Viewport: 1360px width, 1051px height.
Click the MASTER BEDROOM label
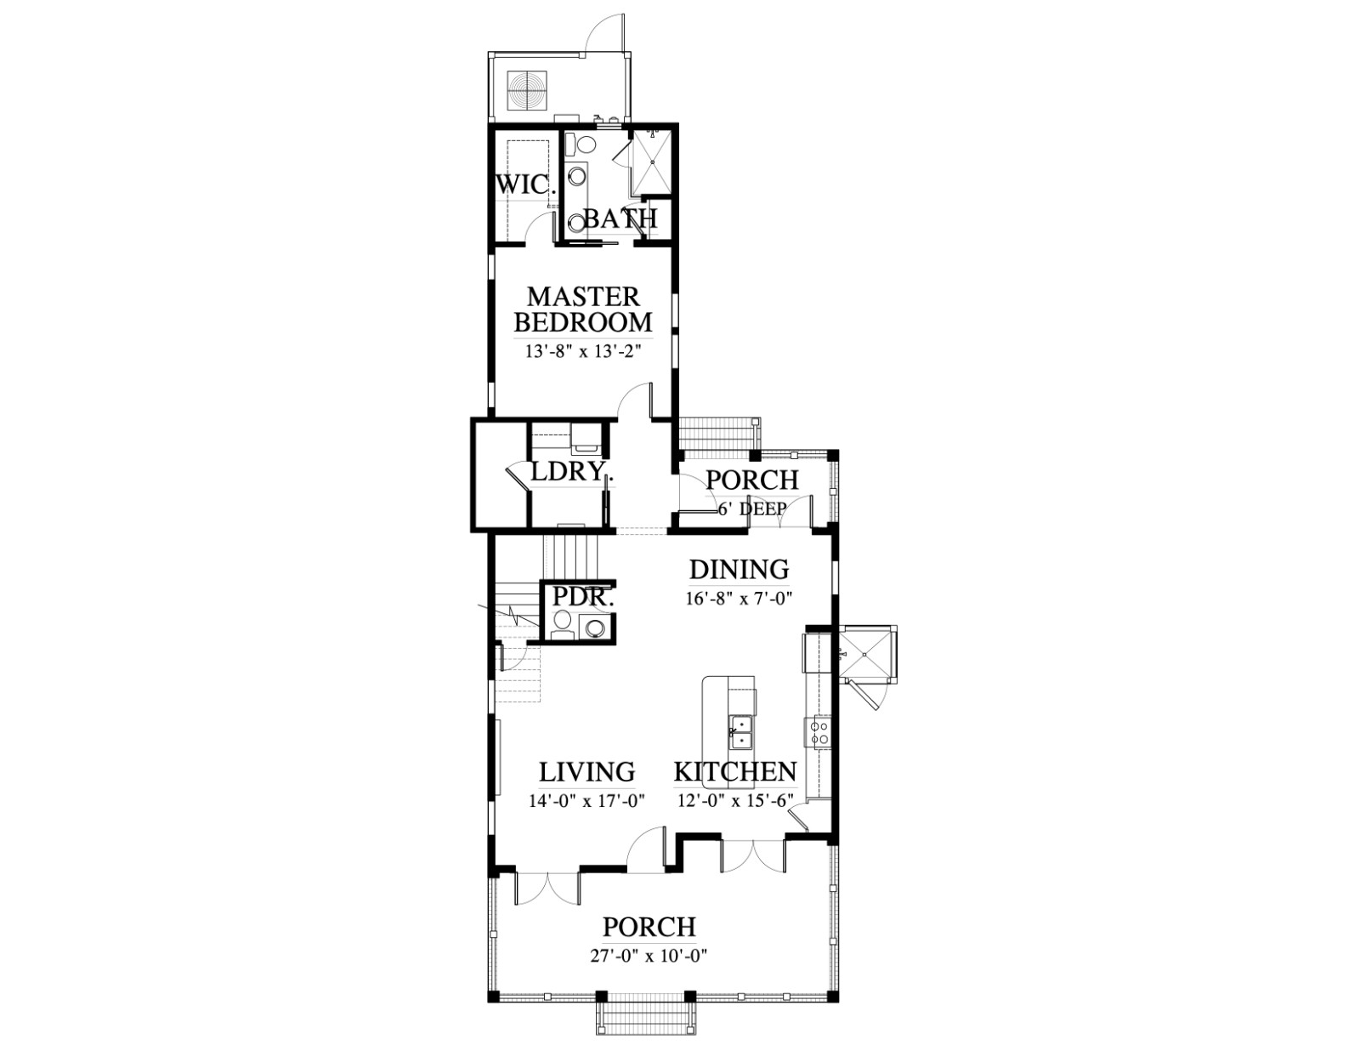coord(583,310)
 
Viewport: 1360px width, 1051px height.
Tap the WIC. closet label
coord(525,185)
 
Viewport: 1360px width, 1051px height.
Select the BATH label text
coord(620,219)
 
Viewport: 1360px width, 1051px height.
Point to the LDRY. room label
coord(569,471)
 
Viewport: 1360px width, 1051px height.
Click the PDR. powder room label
coord(583,597)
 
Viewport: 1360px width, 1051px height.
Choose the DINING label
coord(739,570)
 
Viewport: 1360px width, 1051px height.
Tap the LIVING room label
coord(587,772)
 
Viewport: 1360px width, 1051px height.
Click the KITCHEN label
coord(735,772)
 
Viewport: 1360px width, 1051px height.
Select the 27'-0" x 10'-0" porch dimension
coord(649,956)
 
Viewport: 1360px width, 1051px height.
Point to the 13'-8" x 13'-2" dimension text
coord(584,351)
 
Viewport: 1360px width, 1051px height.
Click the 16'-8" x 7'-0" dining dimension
coord(739,599)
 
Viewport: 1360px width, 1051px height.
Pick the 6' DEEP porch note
coord(751,508)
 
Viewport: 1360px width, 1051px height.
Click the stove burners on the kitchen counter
coord(819,733)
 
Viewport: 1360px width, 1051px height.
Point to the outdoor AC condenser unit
coord(526,90)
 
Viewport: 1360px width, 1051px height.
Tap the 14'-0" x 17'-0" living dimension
coord(586,801)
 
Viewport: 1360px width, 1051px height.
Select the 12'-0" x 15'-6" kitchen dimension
coord(736,801)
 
